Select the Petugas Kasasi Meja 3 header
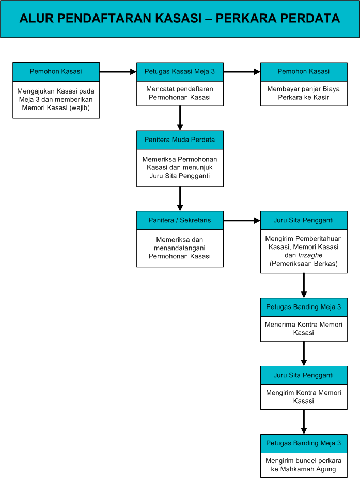click(x=180, y=72)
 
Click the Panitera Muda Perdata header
click(x=180, y=140)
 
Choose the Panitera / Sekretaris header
click(x=180, y=221)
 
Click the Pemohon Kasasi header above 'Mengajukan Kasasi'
click(x=56, y=72)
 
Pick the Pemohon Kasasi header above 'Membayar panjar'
click(x=304, y=72)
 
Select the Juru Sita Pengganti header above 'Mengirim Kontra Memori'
click(x=304, y=375)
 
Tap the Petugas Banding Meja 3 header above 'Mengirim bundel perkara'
click(x=304, y=443)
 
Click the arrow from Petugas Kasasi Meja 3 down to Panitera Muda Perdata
click(x=180, y=118)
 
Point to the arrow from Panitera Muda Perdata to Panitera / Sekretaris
click(x=180, y=199)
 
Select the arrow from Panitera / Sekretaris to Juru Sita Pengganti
click(x=242, y=221)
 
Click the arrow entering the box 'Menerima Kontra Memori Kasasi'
click(x=304, y=285)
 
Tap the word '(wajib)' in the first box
click(x=81, y=107)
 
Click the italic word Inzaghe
click(x=310, y=255)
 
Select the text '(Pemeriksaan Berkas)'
click(x=304, y=264)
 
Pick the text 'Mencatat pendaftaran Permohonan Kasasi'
click(x=180, y=94)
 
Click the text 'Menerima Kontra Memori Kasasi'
click(x=304, y=329)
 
